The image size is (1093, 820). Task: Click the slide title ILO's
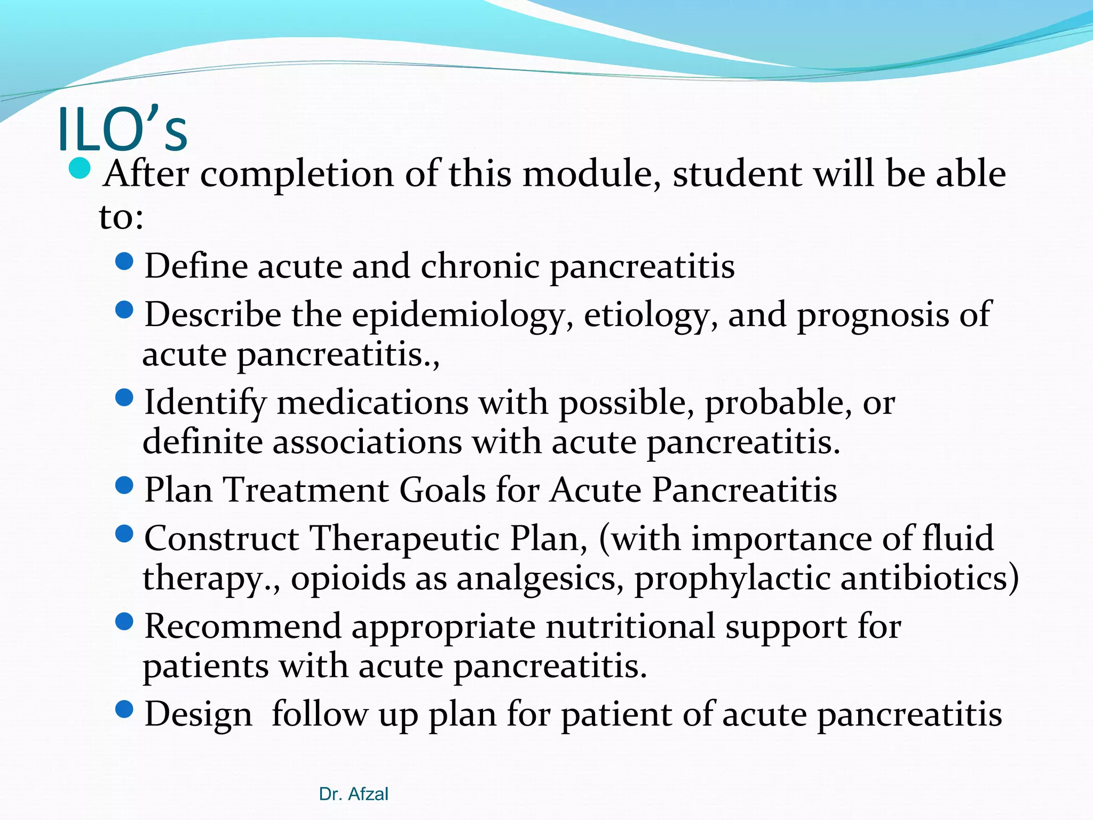[x=122, y=130]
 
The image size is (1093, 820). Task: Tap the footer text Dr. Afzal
[x=353, y=794]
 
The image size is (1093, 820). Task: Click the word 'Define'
[x=196, y=266]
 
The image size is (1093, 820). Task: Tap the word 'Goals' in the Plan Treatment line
[x=442, y=490]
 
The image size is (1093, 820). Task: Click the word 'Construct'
[x=221, y=538]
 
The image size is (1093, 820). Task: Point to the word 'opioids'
[x=348, y=579]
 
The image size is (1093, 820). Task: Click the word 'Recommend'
[x=243, y=627]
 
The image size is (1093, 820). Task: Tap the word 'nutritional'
[x=630, y=627]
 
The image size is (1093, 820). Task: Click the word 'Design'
[x=199, y=714]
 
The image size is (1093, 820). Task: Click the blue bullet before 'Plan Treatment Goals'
[x=124, y=485]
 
